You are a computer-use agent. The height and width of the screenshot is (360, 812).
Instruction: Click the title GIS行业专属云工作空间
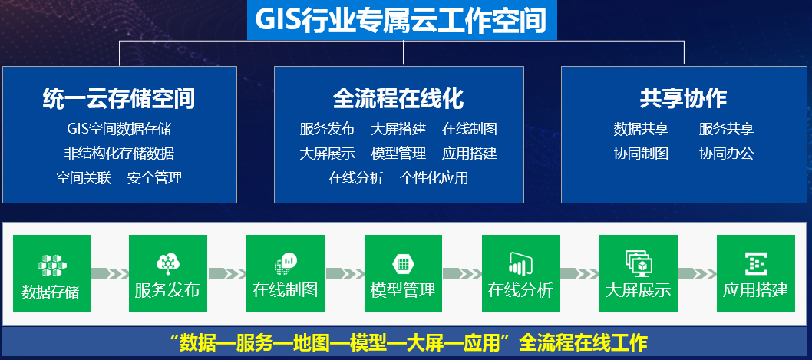[x=401, y=21]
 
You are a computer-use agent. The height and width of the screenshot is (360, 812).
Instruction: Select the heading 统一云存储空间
[x=119, y=98]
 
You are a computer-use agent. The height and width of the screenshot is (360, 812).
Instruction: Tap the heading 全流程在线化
[x=398, y=98]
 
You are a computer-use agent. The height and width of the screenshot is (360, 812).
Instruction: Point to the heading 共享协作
[x=683, y=98]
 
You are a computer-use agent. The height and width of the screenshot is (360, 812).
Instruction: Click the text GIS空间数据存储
[x=119, y=128]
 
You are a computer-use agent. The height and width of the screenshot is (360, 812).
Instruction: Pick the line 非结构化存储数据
[x=119, y=154]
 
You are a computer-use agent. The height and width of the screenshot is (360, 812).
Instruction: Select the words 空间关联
[x=84, y=178]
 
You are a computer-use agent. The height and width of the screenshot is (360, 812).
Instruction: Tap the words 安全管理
[x=155, y=178]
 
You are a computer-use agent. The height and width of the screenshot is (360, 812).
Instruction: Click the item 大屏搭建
[x=398, y=128]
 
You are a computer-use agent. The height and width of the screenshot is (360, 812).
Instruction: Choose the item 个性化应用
[x=434, y=178]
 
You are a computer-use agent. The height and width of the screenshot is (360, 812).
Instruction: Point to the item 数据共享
[x=641, y=128]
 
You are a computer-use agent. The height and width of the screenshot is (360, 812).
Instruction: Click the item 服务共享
[x=727, y=128]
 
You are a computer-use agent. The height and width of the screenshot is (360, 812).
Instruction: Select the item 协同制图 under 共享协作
[x=641, y=154]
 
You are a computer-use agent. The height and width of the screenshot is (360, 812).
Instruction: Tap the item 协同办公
[x=727, y=154]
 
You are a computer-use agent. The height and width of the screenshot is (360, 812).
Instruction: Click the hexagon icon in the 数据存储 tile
[x=51, y=265]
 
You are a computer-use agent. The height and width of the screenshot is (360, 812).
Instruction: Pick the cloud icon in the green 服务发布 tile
[x=168, y=263]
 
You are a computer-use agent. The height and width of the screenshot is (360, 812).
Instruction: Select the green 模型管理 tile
[x=404, y=273]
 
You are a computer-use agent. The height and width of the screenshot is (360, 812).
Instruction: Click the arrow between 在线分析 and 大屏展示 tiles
[x=579, y=273]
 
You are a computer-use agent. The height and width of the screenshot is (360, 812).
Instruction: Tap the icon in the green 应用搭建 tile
[x=755, y=263]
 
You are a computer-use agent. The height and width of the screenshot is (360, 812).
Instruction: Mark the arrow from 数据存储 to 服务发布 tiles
[x=110, y=273]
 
